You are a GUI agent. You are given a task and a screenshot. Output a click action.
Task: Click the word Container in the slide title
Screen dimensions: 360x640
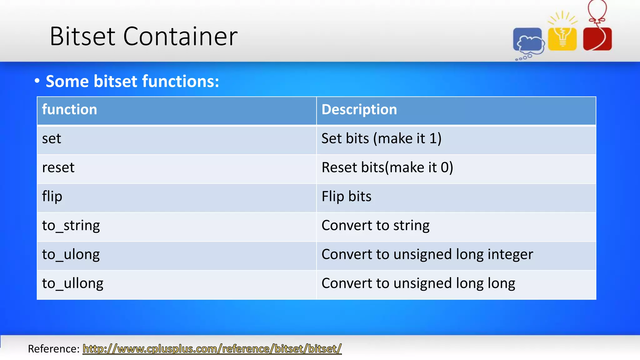click(x=180, y=37)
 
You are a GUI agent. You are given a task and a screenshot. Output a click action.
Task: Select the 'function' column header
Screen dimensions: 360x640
click(x=70, y=110)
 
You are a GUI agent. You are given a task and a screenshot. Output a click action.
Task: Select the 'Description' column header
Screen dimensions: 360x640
click(x=359, y=110)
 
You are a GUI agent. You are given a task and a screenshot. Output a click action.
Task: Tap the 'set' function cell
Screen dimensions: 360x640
click(x=52, y=139)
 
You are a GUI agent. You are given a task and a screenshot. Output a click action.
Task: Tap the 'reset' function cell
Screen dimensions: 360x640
click(x=58, y=168)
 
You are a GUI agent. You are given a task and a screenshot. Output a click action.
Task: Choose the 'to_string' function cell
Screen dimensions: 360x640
click(x=71, y=226)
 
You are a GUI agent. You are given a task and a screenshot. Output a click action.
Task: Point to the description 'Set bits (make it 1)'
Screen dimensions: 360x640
click(x=381, y=139)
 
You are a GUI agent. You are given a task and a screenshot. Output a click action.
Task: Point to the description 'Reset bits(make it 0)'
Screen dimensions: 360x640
click(x=387, y=168)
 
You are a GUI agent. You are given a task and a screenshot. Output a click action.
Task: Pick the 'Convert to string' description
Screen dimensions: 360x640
click(x=375, y=226)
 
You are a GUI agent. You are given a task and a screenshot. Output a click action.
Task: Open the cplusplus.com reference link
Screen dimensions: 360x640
click(x=212, y=349)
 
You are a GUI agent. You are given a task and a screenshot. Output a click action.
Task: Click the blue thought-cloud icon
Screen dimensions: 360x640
click(x=528, y=41)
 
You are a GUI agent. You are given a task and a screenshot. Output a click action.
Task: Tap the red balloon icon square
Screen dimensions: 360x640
click(x=597, y=39)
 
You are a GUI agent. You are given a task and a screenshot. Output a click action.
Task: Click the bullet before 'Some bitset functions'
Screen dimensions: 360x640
click(x=37, y=81)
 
